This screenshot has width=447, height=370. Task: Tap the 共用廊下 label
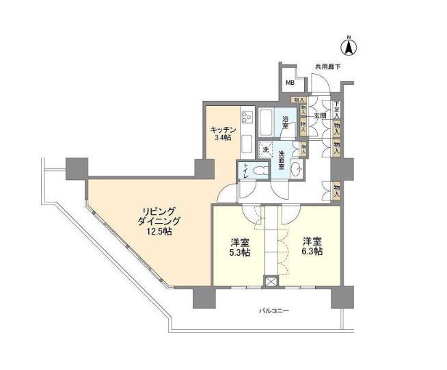[x=327, y=67]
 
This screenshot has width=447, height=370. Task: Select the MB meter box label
[x=290, y=83]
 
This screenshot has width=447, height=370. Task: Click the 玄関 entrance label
[x=319, y=116]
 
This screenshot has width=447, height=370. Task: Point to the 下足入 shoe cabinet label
[x=337, y=109]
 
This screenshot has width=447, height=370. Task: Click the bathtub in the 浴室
[x=267, y=124]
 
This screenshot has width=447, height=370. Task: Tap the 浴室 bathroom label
[x=287, y=122]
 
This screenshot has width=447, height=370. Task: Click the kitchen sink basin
[x=247, y=139]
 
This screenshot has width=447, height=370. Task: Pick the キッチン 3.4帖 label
[x=223, y=133]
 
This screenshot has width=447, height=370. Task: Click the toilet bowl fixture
[x=258, y=171]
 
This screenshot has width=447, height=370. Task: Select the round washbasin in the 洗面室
[x=295, y=170]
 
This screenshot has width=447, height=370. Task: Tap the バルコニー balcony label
[x=275, y=310]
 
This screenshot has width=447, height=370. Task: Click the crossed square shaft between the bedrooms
[x=271, y=281]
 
